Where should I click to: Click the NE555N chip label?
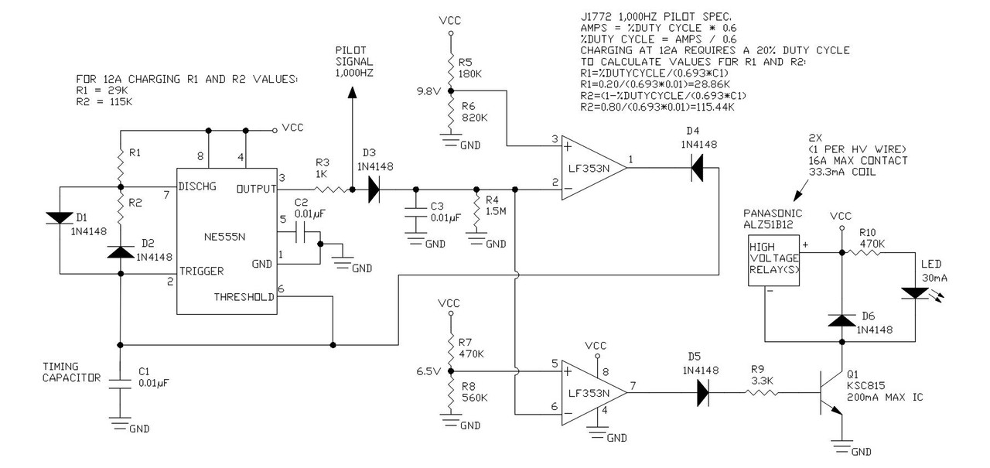pos(224,237)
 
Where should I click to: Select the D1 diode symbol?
pos(60,218)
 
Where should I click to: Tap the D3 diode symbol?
pos(374,190)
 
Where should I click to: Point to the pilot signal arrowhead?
pos(352,92)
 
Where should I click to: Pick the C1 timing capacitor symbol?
pos(120,384)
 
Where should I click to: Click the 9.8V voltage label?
pos(428,91)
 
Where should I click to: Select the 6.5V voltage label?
pos(428,371)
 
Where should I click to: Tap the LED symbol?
pos(915,293)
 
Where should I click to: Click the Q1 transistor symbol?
pos(831,392)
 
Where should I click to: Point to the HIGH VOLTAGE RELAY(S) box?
pos(773,260)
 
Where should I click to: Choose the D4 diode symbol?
pos(697,168)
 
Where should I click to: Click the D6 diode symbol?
pos(841,320)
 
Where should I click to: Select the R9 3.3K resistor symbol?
pos(762,392)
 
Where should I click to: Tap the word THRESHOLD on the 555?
pos(244,297)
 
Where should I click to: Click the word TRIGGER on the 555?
pos(202,271)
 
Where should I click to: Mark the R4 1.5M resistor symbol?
pos(476,211)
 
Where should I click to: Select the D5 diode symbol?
pos(703,392)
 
